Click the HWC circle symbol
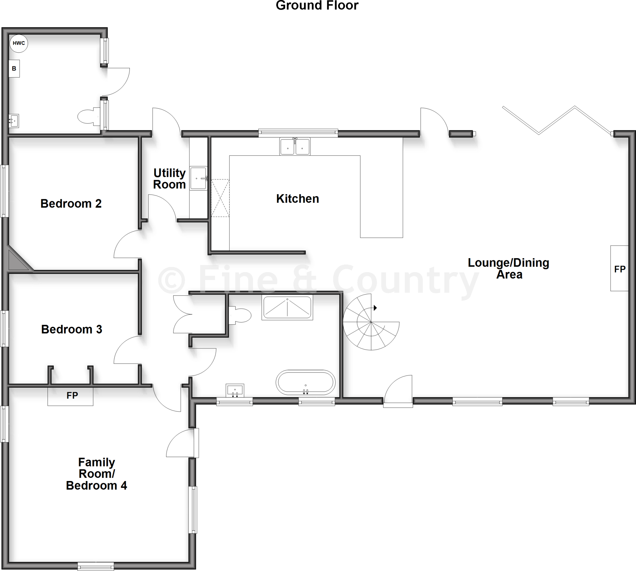[19, 43]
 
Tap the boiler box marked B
[14, 68]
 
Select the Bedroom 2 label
[71, 204]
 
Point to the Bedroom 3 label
[71, 330]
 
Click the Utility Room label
[170, 179]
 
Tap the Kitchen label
[298, 199]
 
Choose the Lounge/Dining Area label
[509, 268]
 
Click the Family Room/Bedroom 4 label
[97, 474]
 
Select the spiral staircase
[371, 322]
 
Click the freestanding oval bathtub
[306, 382]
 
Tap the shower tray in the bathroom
[287, 308]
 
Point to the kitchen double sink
[295, 146]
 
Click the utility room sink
[198, 178]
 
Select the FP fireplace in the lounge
[619, 268]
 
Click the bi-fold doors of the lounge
[557, 121]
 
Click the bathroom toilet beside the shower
[240, 315]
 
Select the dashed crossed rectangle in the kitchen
[220, 198]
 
